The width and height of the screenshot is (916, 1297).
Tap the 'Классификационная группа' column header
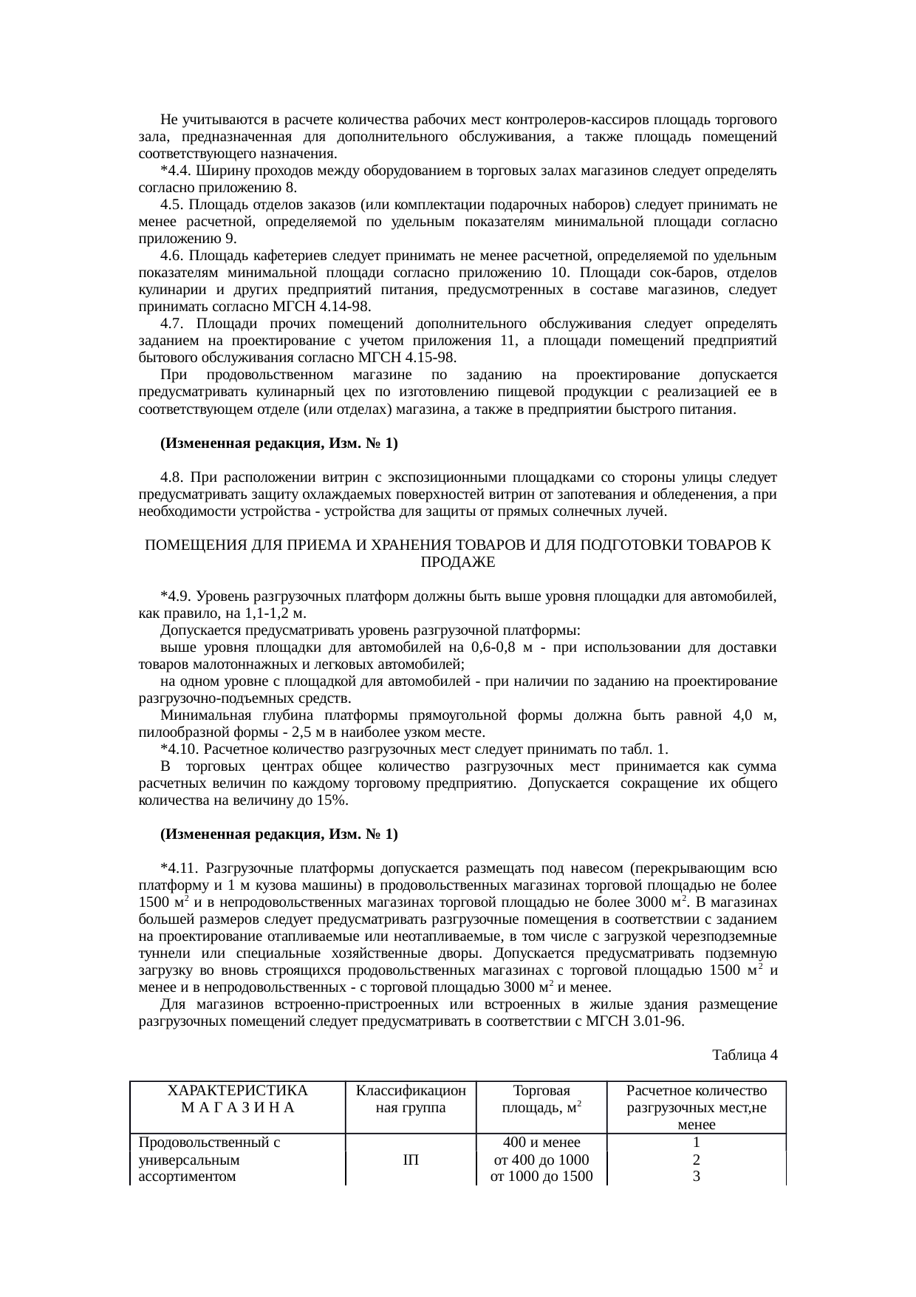pos(411,1099)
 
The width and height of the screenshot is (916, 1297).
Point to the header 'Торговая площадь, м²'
pos(541,1099)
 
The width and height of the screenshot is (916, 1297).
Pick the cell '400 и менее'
pos(541,1143)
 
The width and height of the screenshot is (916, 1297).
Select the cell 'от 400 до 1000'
pos(541,1160)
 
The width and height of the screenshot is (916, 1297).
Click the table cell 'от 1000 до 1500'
pos(541,1177)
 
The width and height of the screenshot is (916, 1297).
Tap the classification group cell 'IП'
pos(411,1160)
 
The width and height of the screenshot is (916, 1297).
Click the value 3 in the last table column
pos(696,1177)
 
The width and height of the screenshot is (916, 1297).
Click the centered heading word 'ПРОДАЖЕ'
pos(457,562)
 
